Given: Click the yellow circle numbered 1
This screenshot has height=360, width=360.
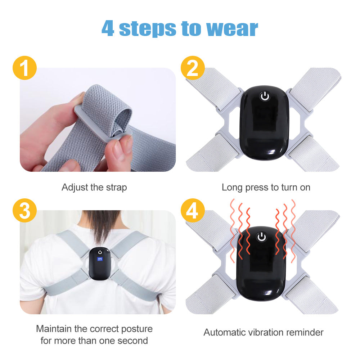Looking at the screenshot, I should [x=24, y=68].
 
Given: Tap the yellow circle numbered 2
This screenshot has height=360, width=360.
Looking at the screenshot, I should [x=193, y=68].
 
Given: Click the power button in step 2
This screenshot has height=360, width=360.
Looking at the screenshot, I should [x=265, y=96].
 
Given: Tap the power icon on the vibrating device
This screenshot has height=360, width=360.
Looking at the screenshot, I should [x=262, y=237].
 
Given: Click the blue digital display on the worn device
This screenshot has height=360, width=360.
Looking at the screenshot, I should [x=100, y=259].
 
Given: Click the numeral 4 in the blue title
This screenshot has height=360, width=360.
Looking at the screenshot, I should [x=108, y=28].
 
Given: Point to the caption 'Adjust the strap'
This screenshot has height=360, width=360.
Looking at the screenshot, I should [x=94, y=188].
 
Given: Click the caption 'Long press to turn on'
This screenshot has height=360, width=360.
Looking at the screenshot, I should [x=266, y=188].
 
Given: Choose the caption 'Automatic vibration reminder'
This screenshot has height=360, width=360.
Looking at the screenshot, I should [x=264, y=332].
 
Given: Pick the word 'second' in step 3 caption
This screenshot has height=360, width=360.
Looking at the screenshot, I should [x=133, y=341].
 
